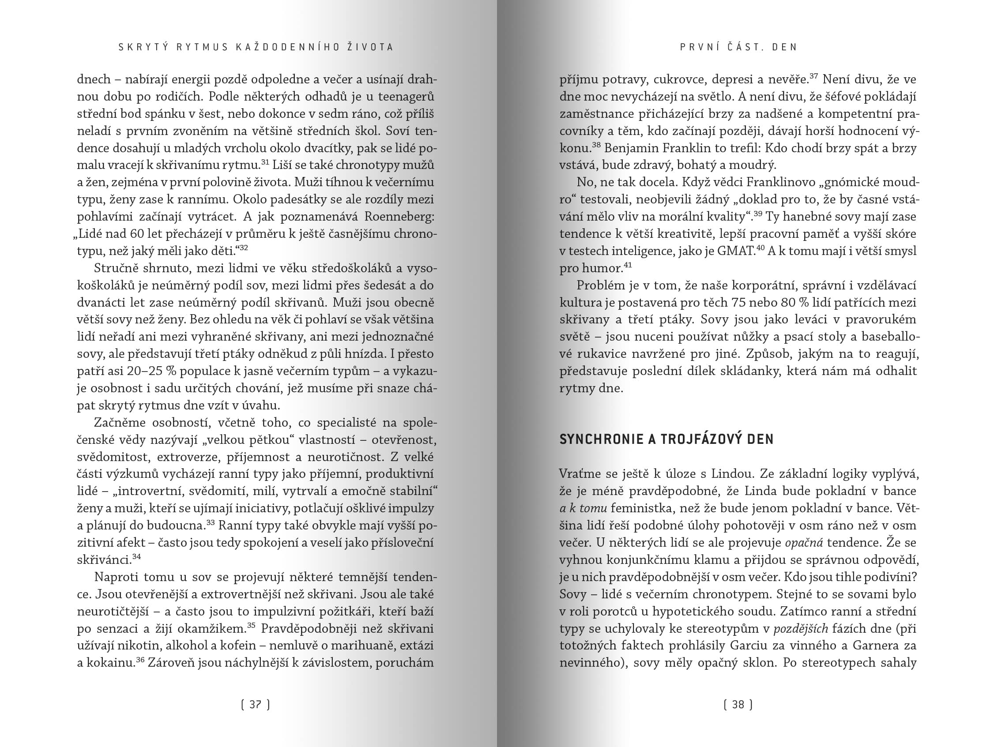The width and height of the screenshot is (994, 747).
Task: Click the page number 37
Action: (255, 704)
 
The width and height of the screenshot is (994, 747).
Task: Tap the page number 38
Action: (738, 704)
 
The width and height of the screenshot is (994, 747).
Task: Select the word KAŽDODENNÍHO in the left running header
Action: (285, 47)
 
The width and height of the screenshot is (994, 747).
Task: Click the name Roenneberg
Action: (399, 217)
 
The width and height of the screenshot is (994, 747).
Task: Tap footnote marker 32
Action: (243, 248)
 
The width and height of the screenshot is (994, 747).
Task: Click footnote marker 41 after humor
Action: (628, 265)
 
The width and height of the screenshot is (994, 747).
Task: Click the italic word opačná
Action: (804, 543)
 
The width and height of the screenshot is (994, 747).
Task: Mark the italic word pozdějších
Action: (801, 628)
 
